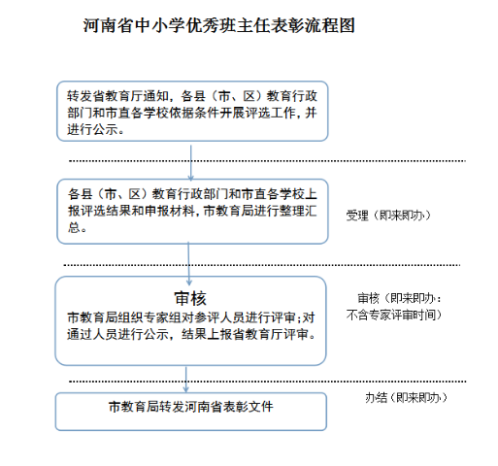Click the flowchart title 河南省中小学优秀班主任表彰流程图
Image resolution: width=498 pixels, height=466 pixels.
click(x=219, y=25)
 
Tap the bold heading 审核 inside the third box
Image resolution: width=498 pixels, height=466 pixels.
click(x=190, y=298)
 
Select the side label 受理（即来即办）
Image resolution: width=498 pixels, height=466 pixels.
click(x=388, y=216)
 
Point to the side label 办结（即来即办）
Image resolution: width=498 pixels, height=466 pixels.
click(x=406, y=397)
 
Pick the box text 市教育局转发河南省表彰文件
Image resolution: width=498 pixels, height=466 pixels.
click(x=191, y=407)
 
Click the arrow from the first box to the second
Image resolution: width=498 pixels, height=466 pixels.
click(x=191, y=163)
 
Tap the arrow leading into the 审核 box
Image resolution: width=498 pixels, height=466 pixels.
click(x=189, y=264)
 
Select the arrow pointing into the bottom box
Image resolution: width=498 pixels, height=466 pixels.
click(x=186, y=380)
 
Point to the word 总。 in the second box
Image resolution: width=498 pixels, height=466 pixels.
click(x=77, y=227)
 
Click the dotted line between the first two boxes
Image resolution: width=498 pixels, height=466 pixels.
click(x=267, y=161)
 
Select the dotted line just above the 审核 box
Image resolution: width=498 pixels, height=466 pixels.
click(x=262, y=265)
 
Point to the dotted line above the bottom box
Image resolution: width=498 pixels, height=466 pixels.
click(x=268, y=382)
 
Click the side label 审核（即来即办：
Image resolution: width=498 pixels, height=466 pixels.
click(x=399, y=298)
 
